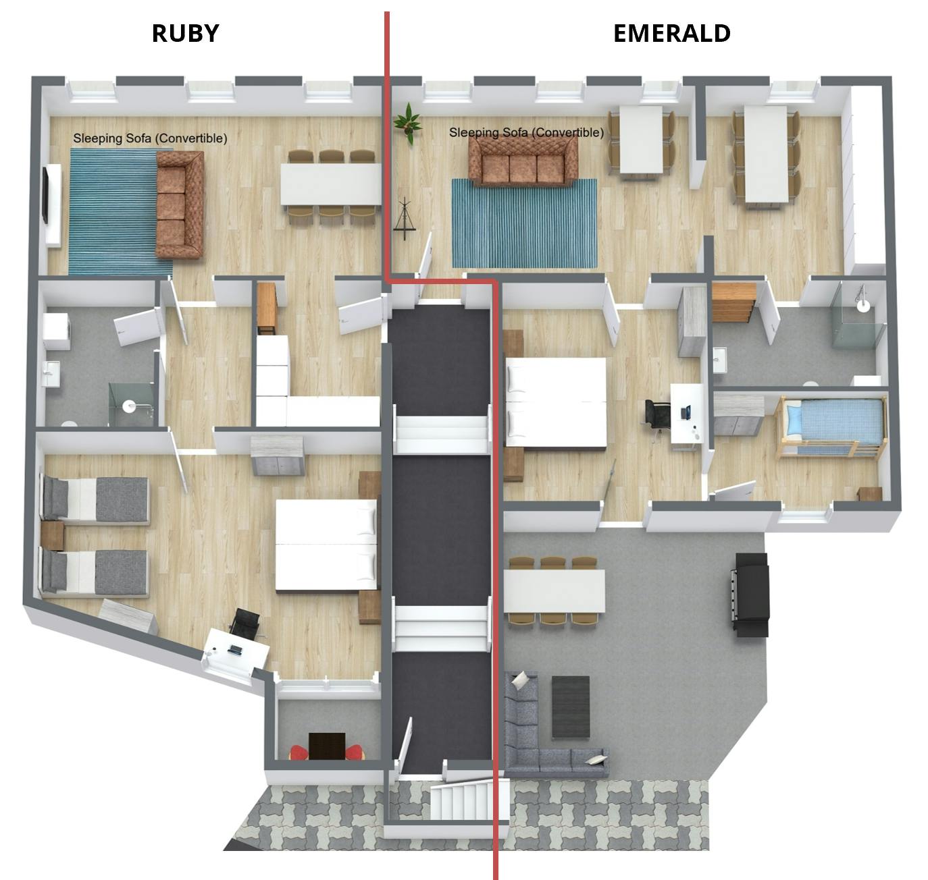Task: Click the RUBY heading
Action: click(x=185, y=33)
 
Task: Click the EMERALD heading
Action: click(x=671, y=33)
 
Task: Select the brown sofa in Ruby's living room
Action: click(x=179, y=204)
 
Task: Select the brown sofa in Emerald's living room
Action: click(x=523, y=165)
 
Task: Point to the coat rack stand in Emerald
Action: click(x=405, y=217)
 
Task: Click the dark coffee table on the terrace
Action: click(x=571, y=707)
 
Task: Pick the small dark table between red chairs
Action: click(x=327, y=746)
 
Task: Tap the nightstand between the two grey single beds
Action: click(x=52, y=535)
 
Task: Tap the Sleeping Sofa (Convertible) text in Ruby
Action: click(x=150, y=138)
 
